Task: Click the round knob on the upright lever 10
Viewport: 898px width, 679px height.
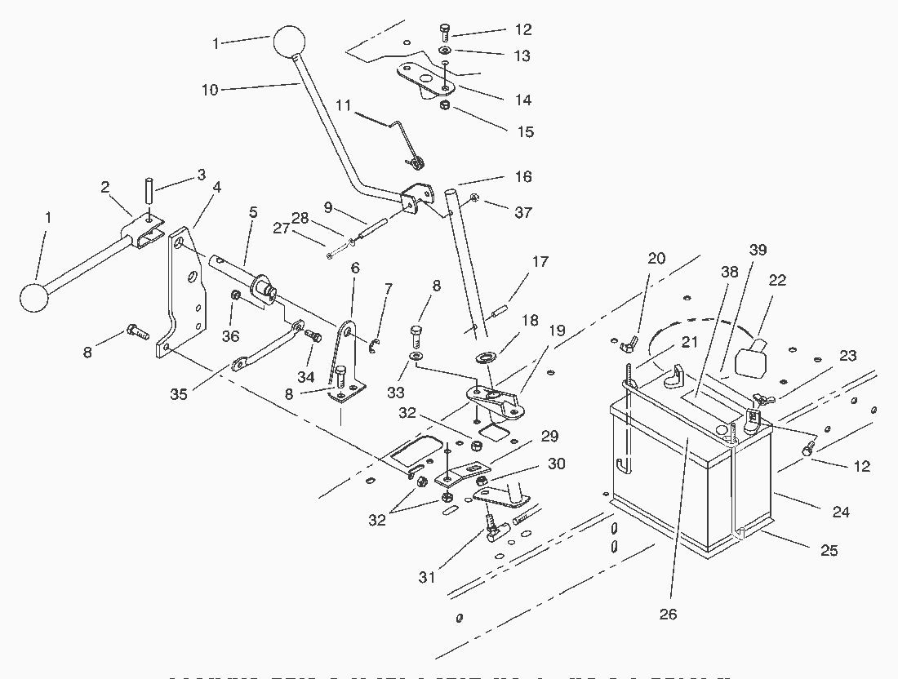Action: (x=287, y=41)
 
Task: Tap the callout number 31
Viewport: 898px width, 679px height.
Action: (x=427, y=577)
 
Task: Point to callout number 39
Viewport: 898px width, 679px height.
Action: (x=758, y=250)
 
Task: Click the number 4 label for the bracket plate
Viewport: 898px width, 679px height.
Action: (x=216, y=187)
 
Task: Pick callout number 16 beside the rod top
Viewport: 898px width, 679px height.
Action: (x=522, y=176)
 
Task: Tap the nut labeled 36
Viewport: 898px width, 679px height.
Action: (x=236, y=294)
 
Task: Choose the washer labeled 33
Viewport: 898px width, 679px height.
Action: (x=417, y=357)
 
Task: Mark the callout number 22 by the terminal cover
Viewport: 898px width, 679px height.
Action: (x=777, y=280)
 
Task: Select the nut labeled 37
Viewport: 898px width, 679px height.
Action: (x=474, y=197)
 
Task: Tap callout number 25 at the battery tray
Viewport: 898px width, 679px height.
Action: (x=829, y=551)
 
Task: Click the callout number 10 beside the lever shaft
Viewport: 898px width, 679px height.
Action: (x=210, y=90)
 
